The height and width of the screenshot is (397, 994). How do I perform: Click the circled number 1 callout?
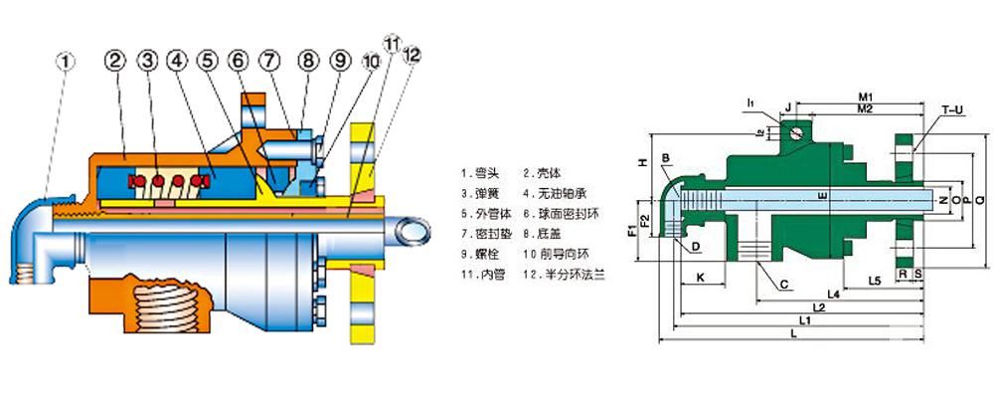[66, 62]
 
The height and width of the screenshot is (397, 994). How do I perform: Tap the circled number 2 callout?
[115, 62]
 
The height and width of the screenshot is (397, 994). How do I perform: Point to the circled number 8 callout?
[307, 62]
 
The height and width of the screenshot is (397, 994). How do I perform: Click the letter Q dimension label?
[982, 200]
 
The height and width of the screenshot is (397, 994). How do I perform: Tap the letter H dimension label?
[642, 161]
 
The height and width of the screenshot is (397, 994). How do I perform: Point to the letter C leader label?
[784, 286]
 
